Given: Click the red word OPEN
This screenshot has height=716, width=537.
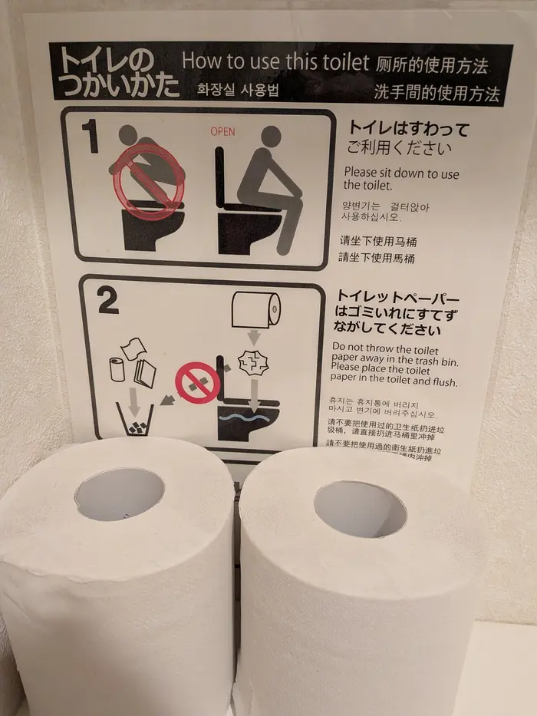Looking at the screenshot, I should click(x=222, y=132).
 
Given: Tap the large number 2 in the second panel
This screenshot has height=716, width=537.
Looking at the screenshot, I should click(x=107, y=302).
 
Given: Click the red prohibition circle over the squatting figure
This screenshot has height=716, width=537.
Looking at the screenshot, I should click(x=149, y=180).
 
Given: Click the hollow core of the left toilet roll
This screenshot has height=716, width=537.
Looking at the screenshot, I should click(x=120, y=494).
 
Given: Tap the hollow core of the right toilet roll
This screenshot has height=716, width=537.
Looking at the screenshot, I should click(x=360, y=509).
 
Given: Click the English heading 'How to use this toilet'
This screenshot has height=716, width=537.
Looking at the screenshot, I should click(x=275, y=62).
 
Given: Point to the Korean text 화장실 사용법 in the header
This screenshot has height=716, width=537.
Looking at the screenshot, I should click(x=238, y=90).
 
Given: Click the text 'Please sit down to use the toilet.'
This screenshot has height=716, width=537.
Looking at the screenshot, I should click(x=400, y=179).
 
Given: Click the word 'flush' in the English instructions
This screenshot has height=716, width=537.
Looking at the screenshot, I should click(x=444, y=382).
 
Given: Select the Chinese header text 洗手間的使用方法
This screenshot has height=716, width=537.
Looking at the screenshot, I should click(x=437, y=94).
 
